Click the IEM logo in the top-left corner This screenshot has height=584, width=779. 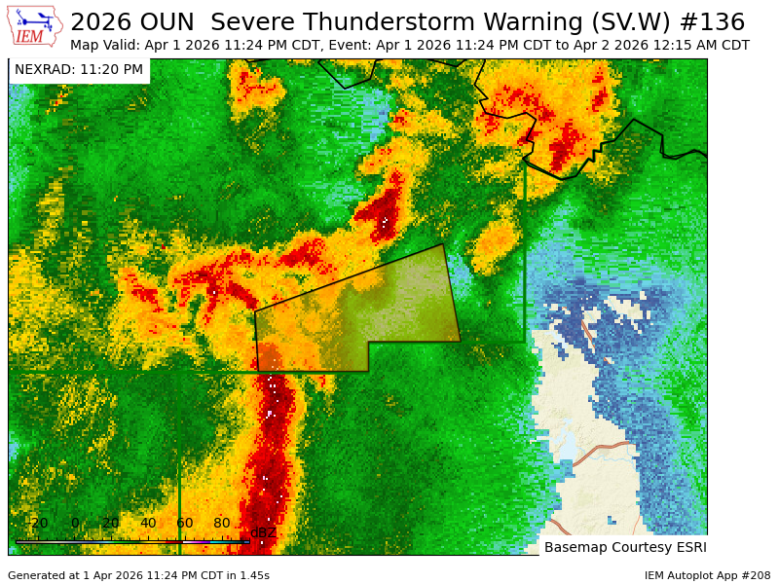(35, 26)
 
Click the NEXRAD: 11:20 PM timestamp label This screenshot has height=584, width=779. (79, 70)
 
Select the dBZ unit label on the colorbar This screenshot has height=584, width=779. (263, 532)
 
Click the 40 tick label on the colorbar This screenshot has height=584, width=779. (148, 523)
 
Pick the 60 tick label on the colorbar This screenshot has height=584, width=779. (185, 523)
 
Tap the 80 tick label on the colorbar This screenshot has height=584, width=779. (222, 523)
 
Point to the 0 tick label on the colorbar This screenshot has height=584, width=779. (75, 523)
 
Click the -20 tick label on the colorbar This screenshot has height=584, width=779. (36, 523)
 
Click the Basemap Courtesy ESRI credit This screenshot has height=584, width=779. (625, 547)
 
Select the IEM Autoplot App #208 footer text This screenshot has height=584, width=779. (707, 575)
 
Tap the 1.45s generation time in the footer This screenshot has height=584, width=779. (251, 575)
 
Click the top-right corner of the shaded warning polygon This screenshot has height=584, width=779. (444, 244)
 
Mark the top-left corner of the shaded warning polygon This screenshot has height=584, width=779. (255, 311)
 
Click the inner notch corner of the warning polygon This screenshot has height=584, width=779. (368, 343)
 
